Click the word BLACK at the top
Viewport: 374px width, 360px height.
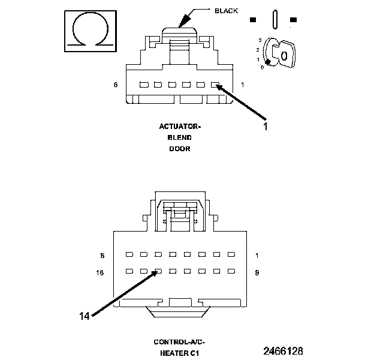click(226, 10)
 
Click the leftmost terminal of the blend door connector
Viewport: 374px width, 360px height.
click(144, 85)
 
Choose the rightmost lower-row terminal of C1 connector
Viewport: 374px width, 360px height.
click(230, 271)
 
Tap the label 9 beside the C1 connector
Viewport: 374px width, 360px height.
click(257, 272)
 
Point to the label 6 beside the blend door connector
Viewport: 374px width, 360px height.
click(116, 85)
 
